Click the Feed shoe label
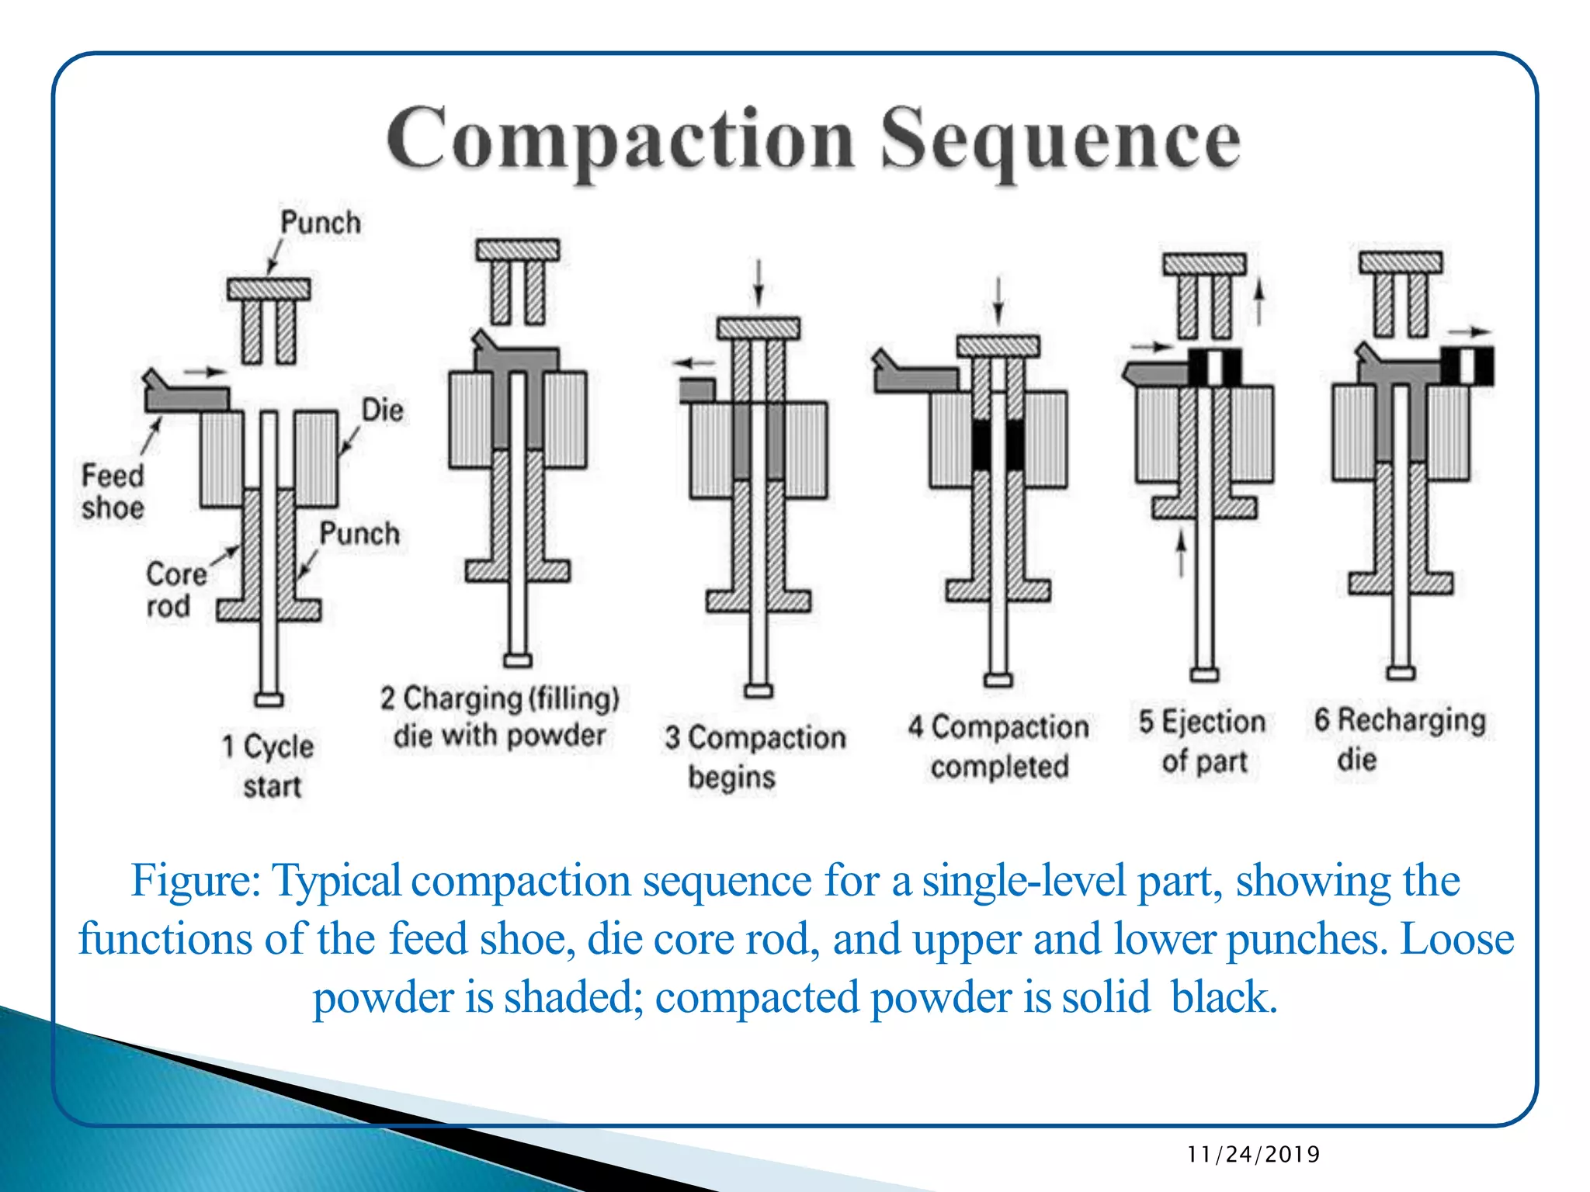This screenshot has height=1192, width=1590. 113,491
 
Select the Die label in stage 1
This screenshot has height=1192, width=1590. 383,410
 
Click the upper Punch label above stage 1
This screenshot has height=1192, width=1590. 321,223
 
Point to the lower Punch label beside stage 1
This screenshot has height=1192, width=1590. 359,534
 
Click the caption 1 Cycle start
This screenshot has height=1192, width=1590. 269,765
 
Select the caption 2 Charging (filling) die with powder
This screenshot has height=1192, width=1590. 499,716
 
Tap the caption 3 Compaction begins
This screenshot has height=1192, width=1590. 754,756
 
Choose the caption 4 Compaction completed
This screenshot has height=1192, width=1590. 999,746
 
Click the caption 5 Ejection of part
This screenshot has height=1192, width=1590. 1203,741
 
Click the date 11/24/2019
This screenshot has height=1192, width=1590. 1253,1154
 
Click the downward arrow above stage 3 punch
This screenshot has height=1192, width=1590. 759,283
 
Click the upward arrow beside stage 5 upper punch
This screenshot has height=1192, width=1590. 1259,303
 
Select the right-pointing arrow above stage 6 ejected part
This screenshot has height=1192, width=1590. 1470,332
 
